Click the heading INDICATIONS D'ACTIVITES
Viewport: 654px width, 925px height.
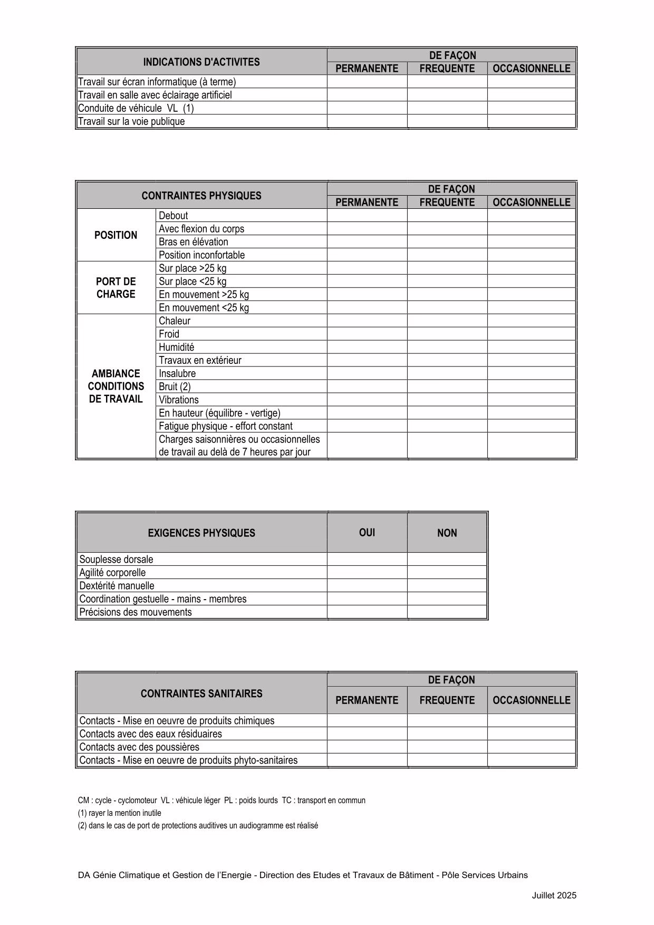pyautogui.click(x=201, y=62)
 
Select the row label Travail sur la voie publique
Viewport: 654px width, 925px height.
pyautogui.click(x=131, y=121)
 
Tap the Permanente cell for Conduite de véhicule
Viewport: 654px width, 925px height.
pyautogui.click(x=367, y=108)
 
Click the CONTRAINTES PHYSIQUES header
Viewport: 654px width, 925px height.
pyautogui.click(x=201, y=196)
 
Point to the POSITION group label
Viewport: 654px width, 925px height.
pyautogui.click(x=116, y=235)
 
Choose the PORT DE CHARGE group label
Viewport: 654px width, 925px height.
pyautogui.click(x=116, y=288)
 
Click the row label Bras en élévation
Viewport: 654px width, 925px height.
pyautogui.click(x=194, y=242)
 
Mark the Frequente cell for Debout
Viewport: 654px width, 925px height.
pyautogui.click(x=447, y=216)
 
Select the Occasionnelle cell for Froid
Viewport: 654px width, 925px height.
pyautogui.click(x=531, y=334)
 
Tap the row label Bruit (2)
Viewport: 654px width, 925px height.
pyautogui.click(x=175, y=387)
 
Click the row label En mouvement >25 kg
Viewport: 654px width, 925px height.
pyautogui.click(x=204, y=294)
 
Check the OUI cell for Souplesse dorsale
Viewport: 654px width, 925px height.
pyautogui.click(x=367, y=560)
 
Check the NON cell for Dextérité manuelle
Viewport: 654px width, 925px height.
pyautogui.click(x=447, y=586)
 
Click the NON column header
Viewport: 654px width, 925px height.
pyautogui.click(x=447, y=533)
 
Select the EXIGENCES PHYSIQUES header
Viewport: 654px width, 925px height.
pyautogui.click(x=201, y=533)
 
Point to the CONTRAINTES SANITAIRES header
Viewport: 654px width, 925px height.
pyautogui.click(x=201, y=693)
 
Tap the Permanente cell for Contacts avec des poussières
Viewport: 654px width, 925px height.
pyautogui.click(x=367, y=747)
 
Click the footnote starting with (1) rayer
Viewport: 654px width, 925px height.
pyautogui.click(x=120, y=813)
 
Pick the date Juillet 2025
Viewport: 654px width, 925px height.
pyautogui.click(x=554, y=895)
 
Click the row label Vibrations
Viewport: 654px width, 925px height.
pyautogui.click(x=179, y=400)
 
